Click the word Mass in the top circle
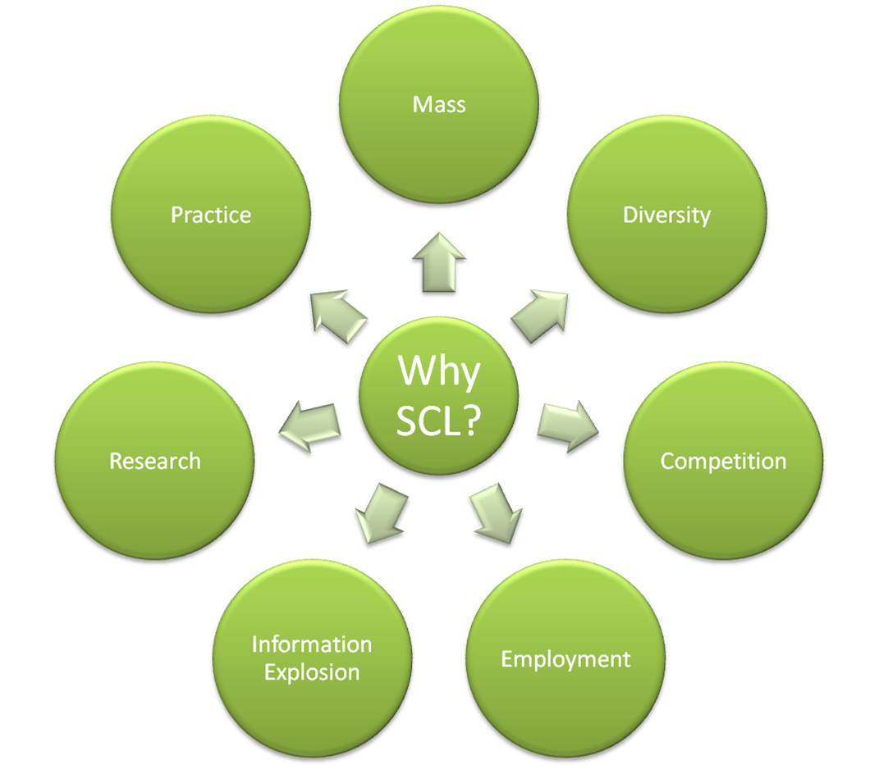[439, 104]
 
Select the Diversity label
[666, 215]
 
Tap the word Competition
[723, 461]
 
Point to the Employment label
[565, 659]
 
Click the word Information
[312, 644]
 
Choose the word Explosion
[312, 673]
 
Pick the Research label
[155, 461]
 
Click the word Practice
[211, 215]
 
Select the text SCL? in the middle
[439, 421]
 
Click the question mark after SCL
[469, 421]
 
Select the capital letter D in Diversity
[630, 215]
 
